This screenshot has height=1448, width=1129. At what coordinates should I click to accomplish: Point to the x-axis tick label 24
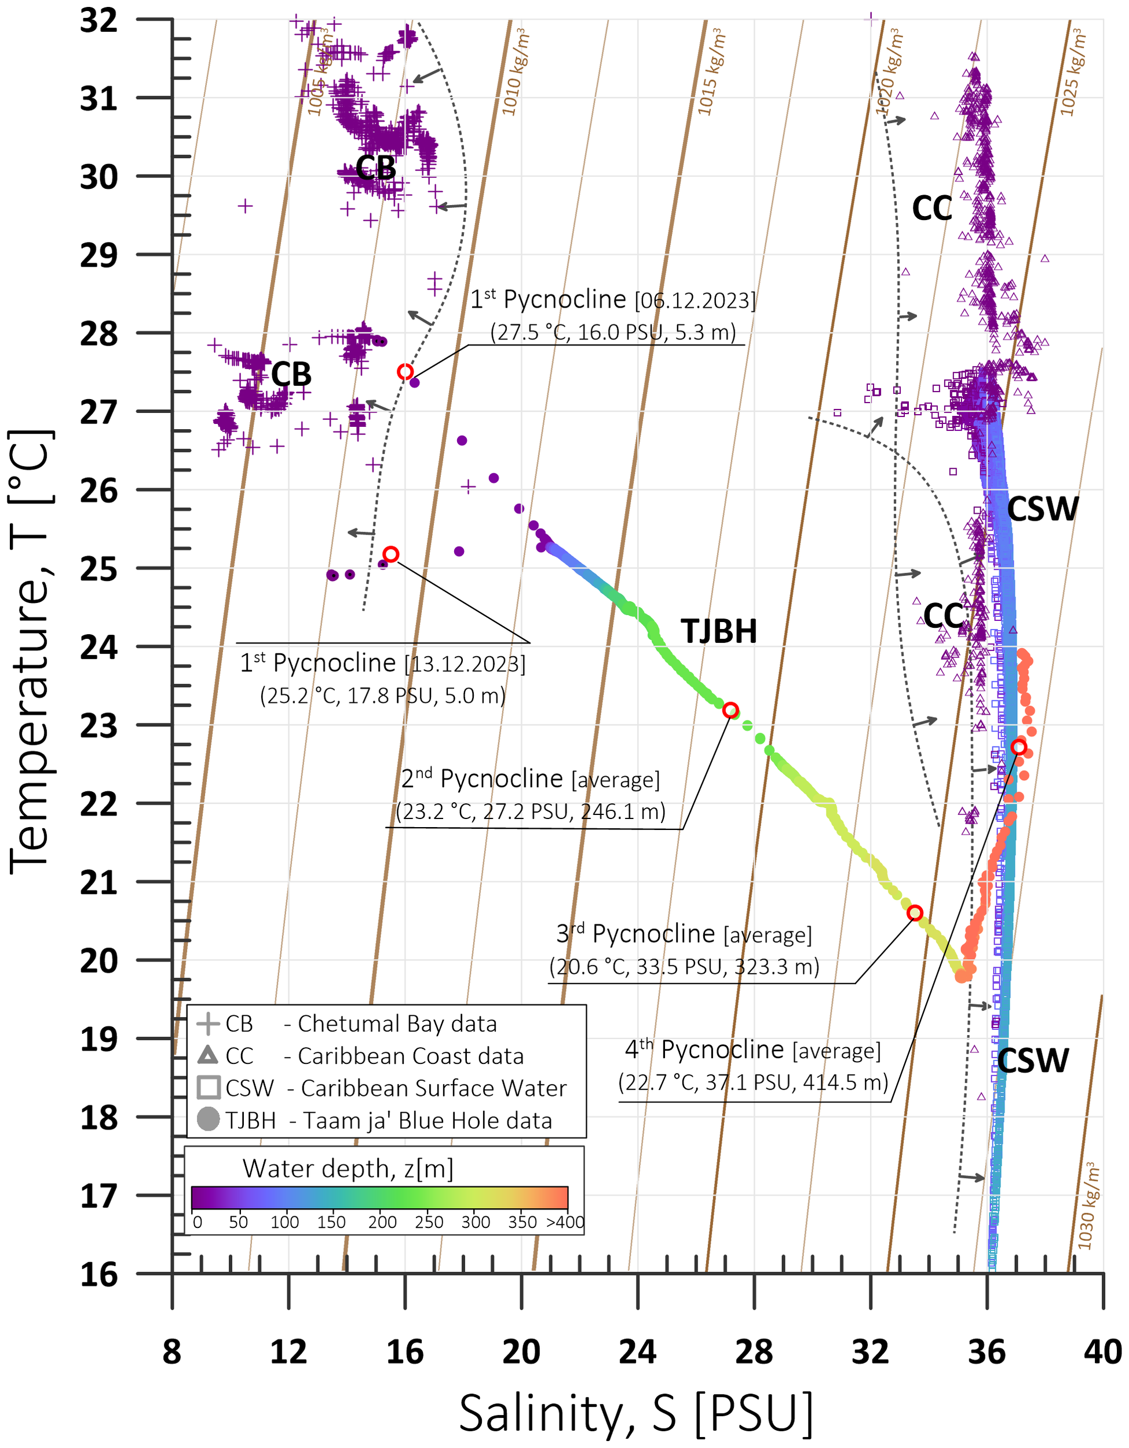click(x=637, y=1352)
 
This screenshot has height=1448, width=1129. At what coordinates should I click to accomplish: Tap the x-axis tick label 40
click(x=1102, y=1352)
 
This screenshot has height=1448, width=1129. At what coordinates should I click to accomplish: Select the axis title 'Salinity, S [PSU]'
click(x=636, y=1413)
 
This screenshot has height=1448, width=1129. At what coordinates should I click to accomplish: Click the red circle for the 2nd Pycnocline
click(x=730, y=710)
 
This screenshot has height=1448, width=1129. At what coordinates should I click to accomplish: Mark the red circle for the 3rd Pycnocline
click(x=914, y=913)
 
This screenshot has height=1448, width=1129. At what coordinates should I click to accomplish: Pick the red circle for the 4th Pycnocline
click(x=1019, y=748)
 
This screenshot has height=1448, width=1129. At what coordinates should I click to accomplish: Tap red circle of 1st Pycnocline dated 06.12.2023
click(x=405, y=372)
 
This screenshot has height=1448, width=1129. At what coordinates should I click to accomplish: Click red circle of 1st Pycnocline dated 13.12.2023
click(x=391, y=554)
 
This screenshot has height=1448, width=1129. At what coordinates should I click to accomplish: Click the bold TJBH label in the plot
click(x=719, y=631)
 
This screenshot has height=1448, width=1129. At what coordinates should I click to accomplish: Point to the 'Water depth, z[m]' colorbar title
click(x=348, y=1168)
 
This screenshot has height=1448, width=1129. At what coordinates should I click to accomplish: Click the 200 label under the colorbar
click(x=382, y=1222)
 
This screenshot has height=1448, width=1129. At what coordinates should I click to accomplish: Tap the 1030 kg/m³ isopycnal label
click(x=1088, y=1205)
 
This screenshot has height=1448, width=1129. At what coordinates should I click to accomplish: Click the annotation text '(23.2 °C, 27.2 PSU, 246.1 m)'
click(x=531, y=811)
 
